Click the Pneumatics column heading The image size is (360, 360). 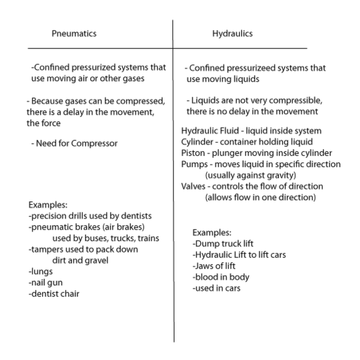(74, 34)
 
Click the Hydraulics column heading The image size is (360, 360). (232, 34)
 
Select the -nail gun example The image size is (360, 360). (46, 283)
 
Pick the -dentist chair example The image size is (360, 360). (54, 294)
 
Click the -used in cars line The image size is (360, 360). (216, 288)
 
